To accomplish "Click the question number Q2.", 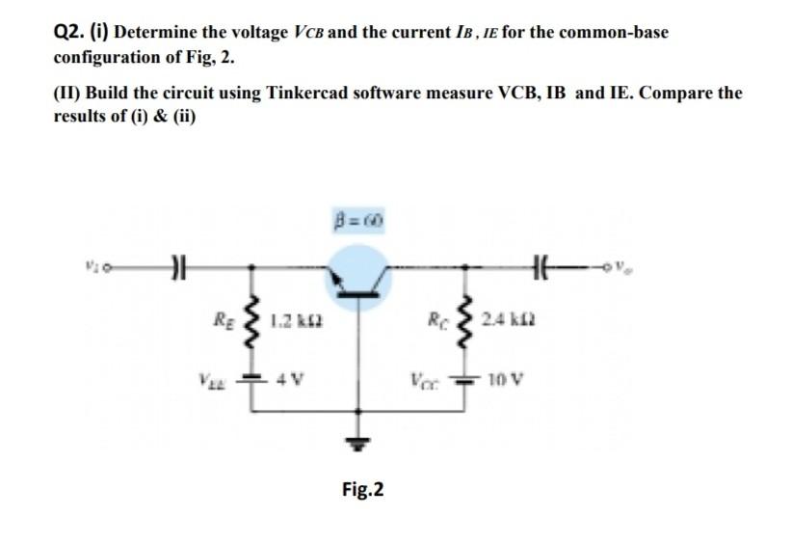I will pyautogui.click(x=69, y=32).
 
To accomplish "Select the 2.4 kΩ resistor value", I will pyautogui.click(x=509, y=319).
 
